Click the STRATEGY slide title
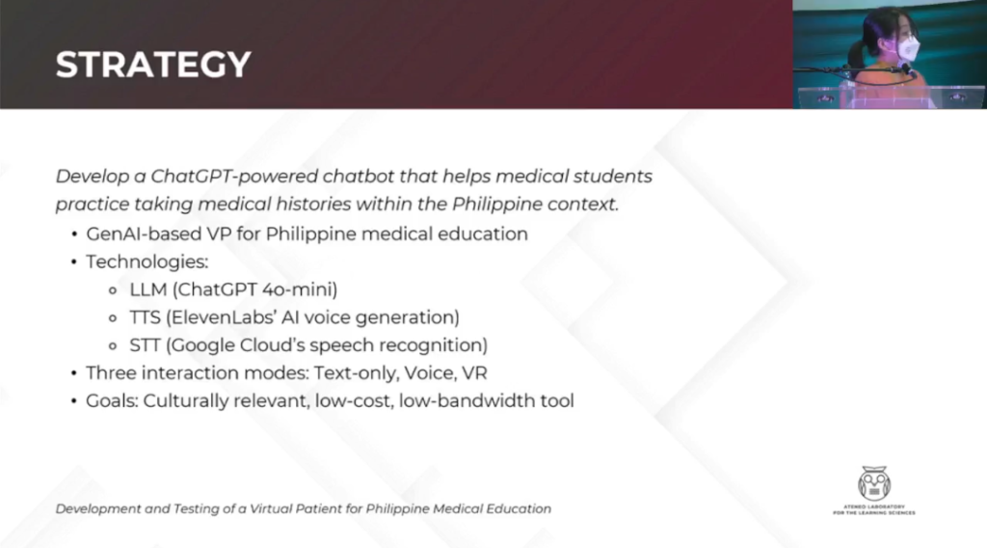[x=153, y=65]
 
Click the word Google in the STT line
[x=209, y=344]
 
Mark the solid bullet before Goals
[x=74, y=400]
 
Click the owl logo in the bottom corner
[x=873, y=482]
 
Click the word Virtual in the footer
[x=276, y=508]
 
